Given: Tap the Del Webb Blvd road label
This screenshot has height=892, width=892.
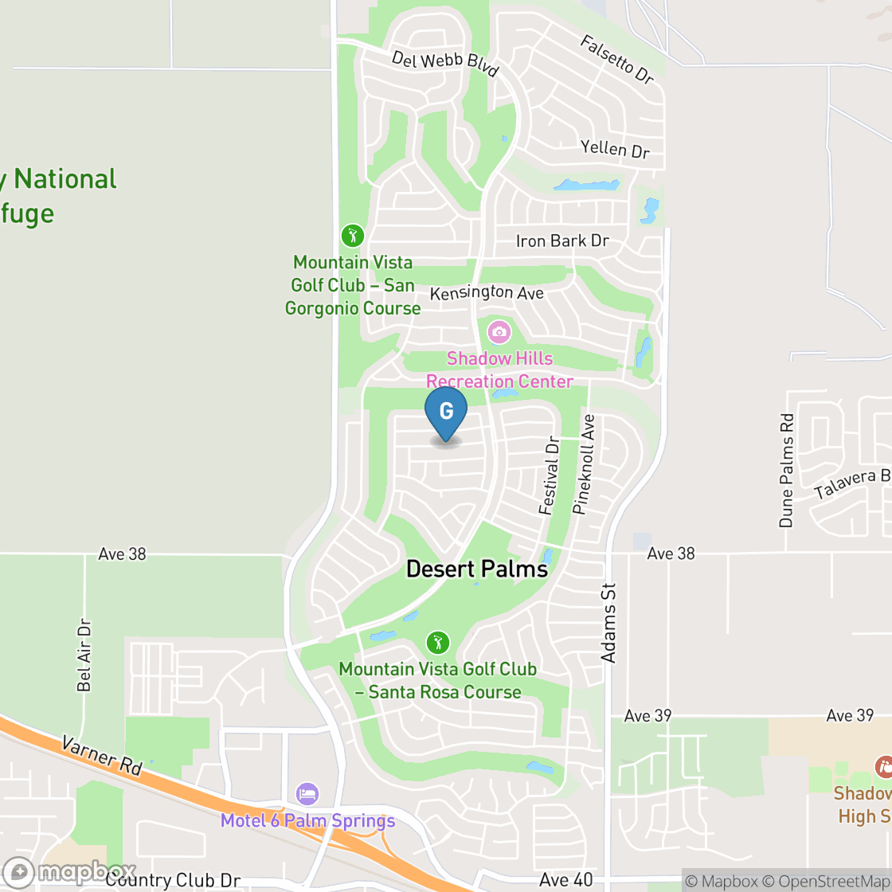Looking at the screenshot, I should coord(444,65).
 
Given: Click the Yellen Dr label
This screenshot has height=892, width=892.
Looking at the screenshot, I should coord(615,148).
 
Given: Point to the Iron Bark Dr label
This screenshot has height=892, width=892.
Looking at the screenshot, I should coord(562,241).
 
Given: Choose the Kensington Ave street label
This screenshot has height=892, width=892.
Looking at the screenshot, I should coord(487,293).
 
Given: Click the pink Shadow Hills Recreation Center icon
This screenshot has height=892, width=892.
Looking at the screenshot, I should coord(499,331).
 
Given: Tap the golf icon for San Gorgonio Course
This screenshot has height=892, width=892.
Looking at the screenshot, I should coord(353,236).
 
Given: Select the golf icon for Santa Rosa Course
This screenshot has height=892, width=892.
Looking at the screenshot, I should coord(437,642).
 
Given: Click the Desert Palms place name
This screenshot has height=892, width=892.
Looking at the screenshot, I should coord(477,569).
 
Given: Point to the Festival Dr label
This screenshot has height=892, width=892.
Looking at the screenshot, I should coord(549,475).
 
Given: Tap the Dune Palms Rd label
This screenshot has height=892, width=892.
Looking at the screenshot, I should coord(787,470).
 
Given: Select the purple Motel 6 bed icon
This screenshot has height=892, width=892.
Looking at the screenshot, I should coord(307,793).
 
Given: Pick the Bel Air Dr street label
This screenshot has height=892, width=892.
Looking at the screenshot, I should coord(84,655).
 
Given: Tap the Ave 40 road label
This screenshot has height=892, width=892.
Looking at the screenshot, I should coord(565,879).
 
